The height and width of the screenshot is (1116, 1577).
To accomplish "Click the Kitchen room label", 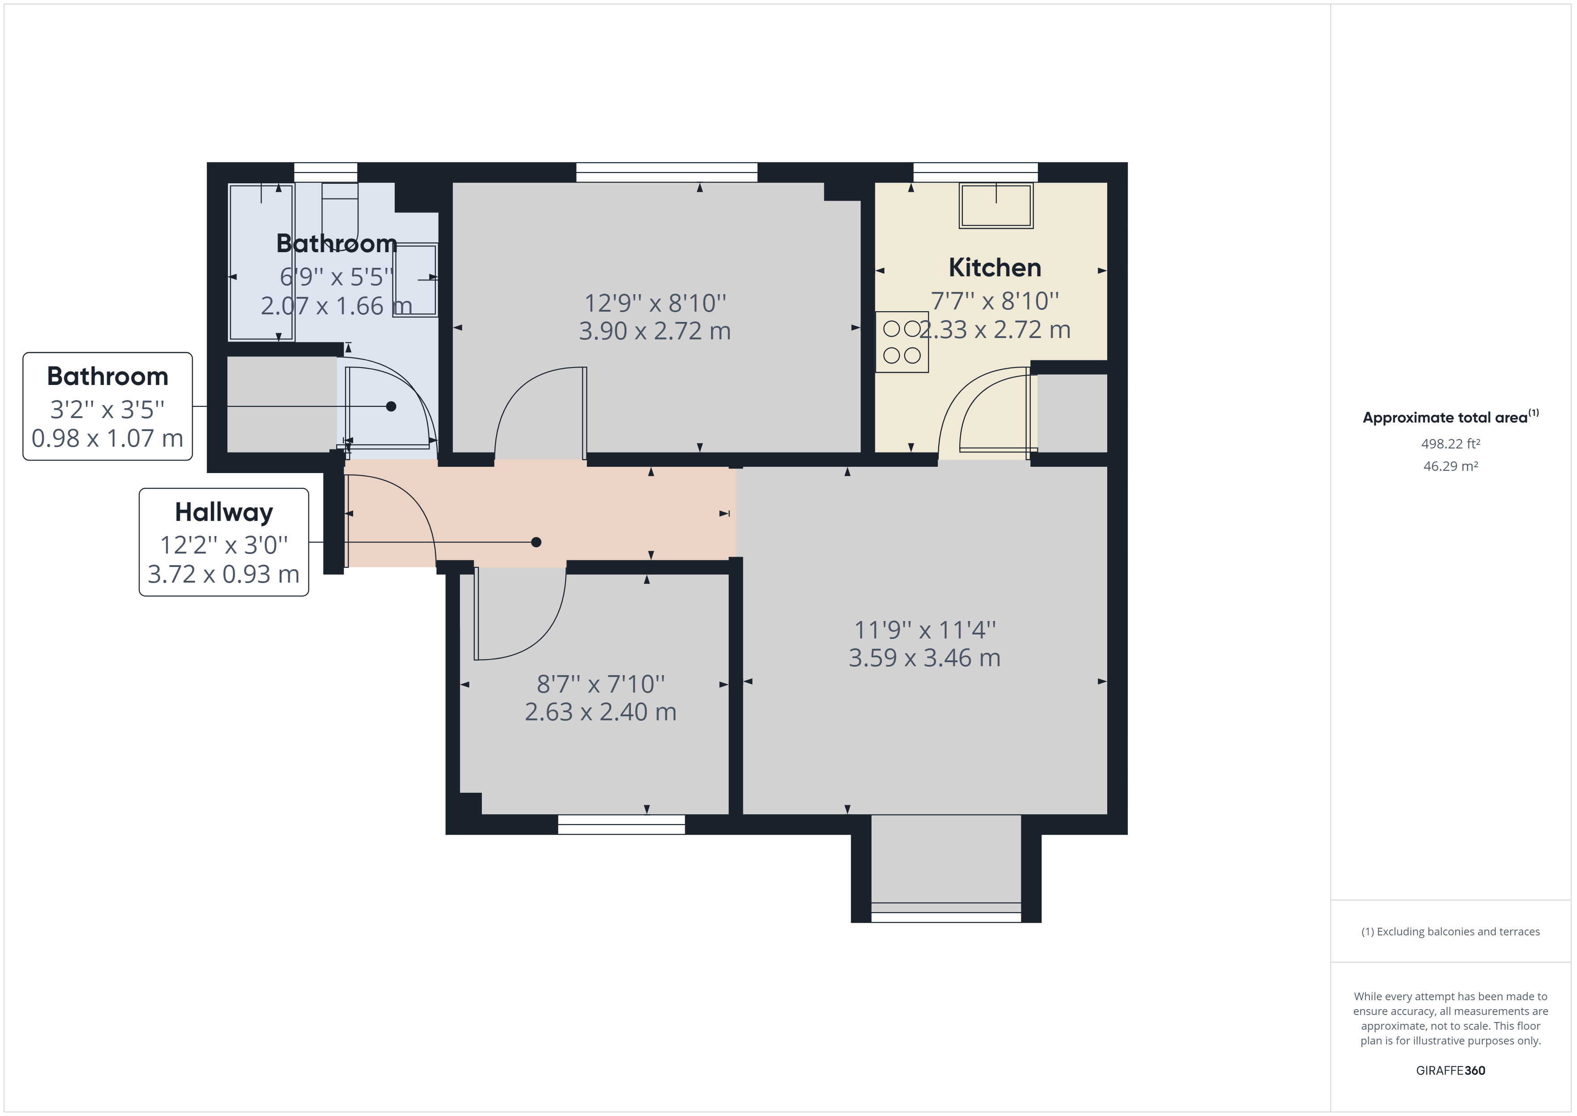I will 995,267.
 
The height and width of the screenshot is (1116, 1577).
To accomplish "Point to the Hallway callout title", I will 224,512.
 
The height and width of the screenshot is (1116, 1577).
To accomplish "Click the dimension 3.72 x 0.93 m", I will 224,574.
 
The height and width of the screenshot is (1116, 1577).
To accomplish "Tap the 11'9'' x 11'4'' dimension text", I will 924,630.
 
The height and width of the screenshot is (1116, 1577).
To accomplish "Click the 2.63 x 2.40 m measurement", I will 600,712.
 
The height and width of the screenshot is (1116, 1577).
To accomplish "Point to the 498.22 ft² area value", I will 1450,444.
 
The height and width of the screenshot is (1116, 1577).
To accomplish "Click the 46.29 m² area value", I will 1450,466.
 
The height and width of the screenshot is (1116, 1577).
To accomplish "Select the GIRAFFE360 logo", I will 1450,1070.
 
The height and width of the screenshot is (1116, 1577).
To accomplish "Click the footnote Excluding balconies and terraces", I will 1450,932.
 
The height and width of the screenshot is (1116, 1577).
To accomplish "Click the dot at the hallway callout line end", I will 536,542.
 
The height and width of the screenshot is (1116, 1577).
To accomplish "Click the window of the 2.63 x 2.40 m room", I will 621,824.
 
